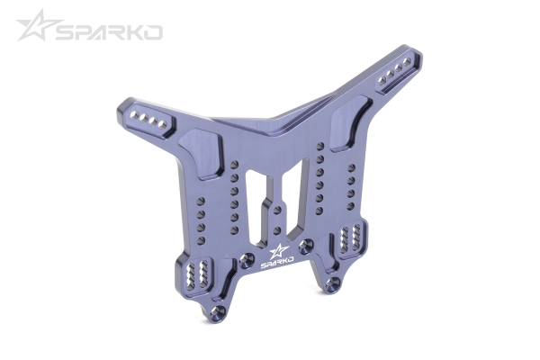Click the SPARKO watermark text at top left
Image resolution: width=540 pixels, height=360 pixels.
point(108,32)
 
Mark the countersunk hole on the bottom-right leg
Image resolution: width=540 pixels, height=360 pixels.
point(335,283)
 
